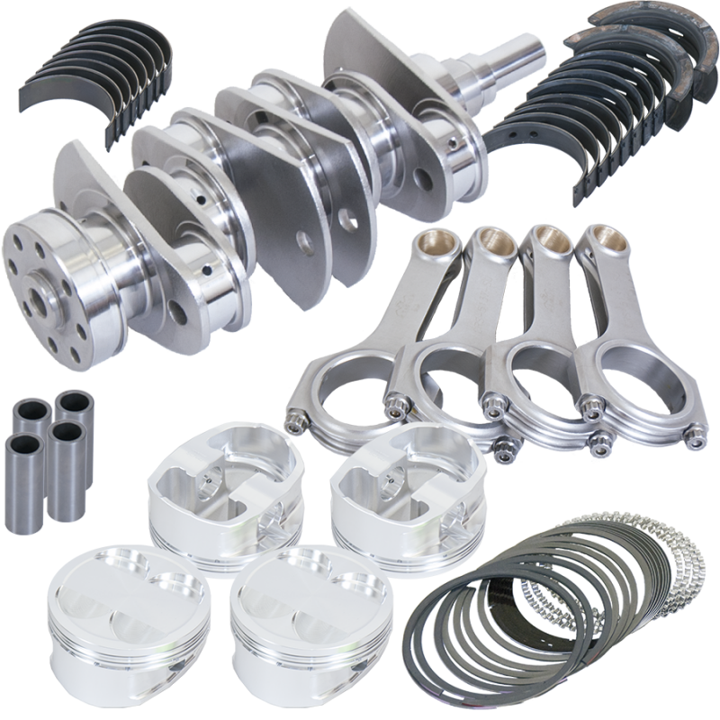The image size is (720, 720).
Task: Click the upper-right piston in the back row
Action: pos(390,486)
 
